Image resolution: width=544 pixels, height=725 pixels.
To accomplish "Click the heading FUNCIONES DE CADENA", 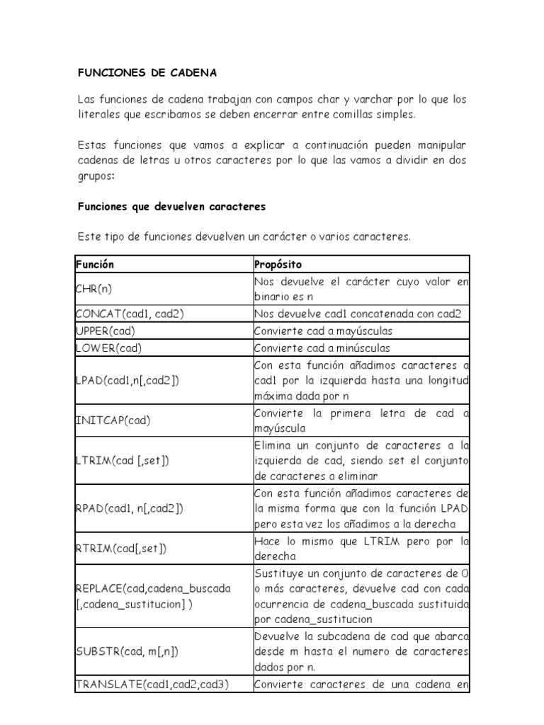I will coord(147,73).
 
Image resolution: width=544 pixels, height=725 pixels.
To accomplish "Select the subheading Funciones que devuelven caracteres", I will coord(171,207).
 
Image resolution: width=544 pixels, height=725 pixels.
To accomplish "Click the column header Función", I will coord(95,264).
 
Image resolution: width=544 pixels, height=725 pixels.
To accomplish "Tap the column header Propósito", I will coord(278,264).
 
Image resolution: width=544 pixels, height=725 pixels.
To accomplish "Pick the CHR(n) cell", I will coord(93,289).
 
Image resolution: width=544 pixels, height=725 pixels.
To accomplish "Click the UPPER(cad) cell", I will coord(105,331).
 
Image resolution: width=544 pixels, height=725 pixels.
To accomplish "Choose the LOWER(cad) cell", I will coord(107,348).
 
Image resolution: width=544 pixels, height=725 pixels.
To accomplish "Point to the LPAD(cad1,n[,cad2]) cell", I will coord(127,380).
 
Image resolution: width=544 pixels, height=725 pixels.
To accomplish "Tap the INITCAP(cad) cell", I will coord(113,421).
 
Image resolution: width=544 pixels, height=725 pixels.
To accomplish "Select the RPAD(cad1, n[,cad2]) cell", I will coord(128,508).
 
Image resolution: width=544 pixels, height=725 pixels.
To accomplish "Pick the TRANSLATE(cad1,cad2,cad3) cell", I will coord(152,685).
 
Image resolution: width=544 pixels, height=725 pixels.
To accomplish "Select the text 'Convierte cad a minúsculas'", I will coord(322,348).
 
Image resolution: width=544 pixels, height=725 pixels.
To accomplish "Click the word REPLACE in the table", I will coord(100,589).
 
